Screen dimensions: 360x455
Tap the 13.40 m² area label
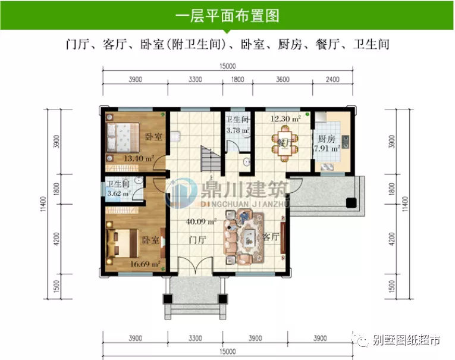coord(139,159)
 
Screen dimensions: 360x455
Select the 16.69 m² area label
coord(145,263)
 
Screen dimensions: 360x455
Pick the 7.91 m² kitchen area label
coord(327,149)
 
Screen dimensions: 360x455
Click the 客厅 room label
coord(271,237)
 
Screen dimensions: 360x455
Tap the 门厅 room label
coord(196,240)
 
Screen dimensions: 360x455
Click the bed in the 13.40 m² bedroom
coord(123,137)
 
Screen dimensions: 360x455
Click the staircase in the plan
coord(208,157)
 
